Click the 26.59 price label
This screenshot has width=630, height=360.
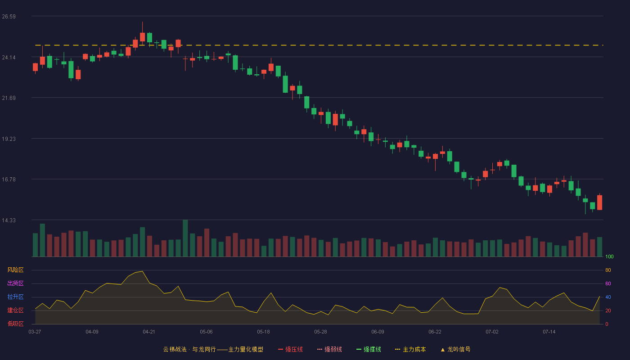pyautogui.click(x=9, y=17)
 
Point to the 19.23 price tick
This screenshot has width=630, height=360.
pyautogui.click(x=9, y=139)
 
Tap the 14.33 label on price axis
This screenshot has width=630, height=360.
pyautogui.click(x=9, y=220)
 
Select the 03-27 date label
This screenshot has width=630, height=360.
pyautogui.click(x=35, y=332)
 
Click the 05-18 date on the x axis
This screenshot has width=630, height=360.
pyautogui.click(x=263, y=332)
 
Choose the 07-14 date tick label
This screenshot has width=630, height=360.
pyautogui.click(x=549, y=332)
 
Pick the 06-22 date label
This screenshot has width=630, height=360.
pyautogui.click(x=435, y=332)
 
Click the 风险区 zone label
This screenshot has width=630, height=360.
pyautogui.click(x=15, y=270)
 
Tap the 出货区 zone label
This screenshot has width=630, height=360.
pyautogui.click(x=15, y=283)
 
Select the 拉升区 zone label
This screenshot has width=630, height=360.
pyautogui.click(x=15, y=297)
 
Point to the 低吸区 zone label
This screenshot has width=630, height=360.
pyautogui.click(x=15, y=324)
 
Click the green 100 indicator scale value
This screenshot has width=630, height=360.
pyautogui.click(x=609, y=256)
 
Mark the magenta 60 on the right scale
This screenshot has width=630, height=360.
pyautogui.click(x=608, y=283)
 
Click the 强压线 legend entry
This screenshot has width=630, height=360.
pyautogui.click(x=290, y=349)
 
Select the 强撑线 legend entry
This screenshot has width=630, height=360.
pyautogui.click(x=369, y=349)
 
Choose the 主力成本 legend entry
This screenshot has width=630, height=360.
pyautogui.click(x=410, y=349)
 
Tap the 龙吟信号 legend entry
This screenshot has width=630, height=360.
pyautogui.click(x=455, y=349)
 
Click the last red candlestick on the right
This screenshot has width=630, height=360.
pyautogui.click(x=599, y=202)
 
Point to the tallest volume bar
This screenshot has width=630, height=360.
pyautogui.click(x=185, y=238)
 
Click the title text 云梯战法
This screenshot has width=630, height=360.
pyautogui.click(x=175, y=349)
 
